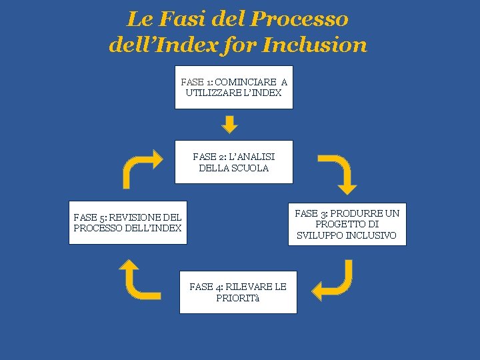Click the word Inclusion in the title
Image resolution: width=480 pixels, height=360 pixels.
tap(315, 45)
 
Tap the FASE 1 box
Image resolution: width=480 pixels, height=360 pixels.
tap(233, 87)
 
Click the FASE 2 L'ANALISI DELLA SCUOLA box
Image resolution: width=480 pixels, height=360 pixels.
tap(233, 162)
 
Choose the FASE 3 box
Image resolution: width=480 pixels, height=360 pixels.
tap(347, 224)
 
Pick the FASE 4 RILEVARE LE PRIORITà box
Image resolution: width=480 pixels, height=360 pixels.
tap(238, 292)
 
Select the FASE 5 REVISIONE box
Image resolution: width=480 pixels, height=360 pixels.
tap(128, 223)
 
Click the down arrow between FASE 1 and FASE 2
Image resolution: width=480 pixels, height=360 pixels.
tap(229, 124)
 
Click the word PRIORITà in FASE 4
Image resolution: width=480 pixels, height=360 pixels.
tap(238, 298)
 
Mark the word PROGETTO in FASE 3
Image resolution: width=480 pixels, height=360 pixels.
tap(337, 224)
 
